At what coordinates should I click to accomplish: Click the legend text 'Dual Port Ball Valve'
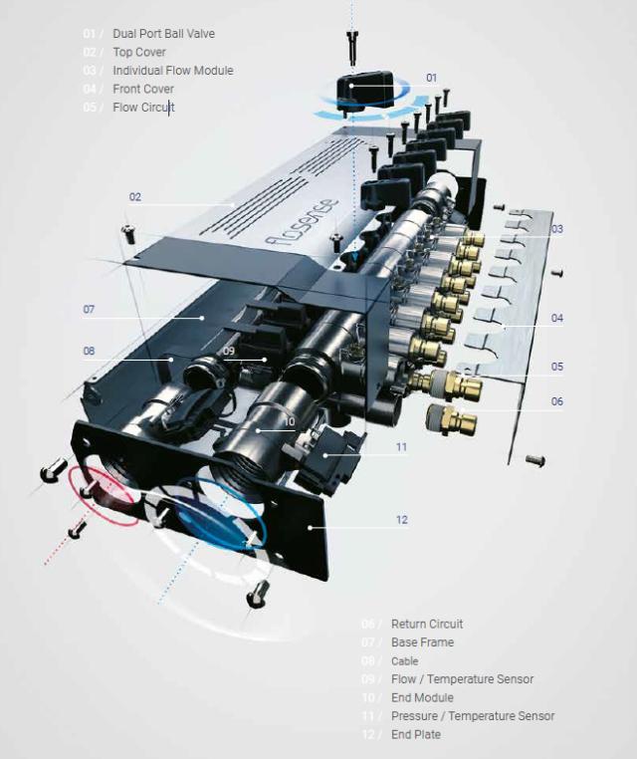[163, 34]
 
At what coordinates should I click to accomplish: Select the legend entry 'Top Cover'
[139, 52]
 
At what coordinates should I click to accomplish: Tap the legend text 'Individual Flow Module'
[172, 71]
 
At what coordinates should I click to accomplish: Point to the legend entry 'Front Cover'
[143, 89]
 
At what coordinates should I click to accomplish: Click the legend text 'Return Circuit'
[427, 625]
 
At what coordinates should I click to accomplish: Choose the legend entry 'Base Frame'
[422, 642]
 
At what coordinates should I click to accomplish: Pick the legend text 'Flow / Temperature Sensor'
[462, 679]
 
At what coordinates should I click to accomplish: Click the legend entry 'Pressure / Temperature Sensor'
[473, 716]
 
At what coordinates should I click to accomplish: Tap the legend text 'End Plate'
[416, 734]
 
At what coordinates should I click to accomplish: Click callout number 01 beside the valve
[431, 77]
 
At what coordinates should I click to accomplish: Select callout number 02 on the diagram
[135, 197]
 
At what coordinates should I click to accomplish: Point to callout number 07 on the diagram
[89, 310]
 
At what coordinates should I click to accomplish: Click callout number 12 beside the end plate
[401, 520]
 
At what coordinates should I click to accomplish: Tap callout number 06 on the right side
[557, 401]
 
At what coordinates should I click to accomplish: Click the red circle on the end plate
[103, 491]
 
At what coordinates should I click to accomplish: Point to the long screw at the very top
[352, 45]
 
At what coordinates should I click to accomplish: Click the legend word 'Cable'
[404, 661]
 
